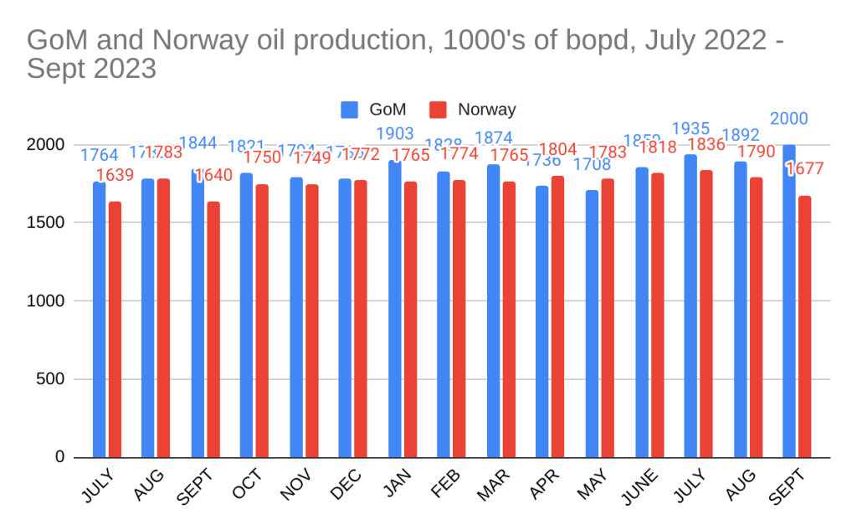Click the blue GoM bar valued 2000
coord(789,301)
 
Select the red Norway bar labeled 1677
coord(804,327)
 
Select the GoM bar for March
coord(494,311)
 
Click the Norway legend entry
coord(485,110)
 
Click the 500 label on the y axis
coord(54,379)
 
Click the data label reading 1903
coord(396,134)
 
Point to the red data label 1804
coord(557,149)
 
